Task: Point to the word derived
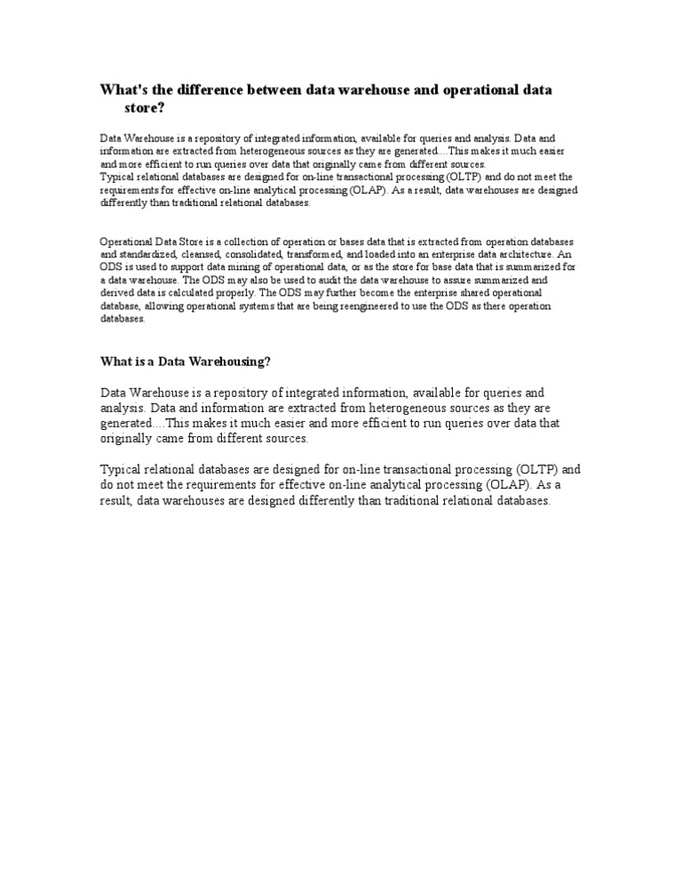coord(116,292)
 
